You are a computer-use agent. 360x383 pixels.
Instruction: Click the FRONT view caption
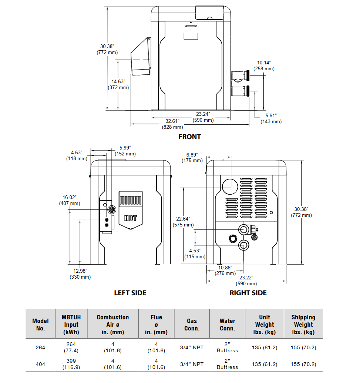[189, 137]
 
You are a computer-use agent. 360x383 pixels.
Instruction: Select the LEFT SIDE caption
[130, 293]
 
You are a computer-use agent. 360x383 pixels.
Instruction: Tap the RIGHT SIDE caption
[248, 293]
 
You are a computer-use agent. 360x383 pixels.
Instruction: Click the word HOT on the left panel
[131, 218]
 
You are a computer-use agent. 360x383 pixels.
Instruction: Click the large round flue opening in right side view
[230, 185]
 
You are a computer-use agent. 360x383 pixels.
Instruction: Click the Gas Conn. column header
[192, 325]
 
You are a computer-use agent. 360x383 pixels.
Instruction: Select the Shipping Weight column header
[303, 325]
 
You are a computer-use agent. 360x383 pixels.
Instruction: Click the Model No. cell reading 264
[40, 347]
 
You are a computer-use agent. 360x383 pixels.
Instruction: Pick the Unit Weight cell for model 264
[265, 347]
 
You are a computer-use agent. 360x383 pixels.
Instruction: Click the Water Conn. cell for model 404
[227, 364]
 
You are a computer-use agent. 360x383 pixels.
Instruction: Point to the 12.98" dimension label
[80, 274]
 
